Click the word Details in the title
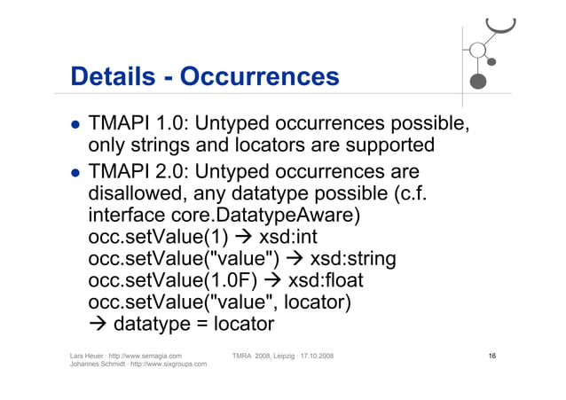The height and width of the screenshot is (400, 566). click(x=112, y=77)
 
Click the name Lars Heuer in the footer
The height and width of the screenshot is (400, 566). click(x=88, y=356)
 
